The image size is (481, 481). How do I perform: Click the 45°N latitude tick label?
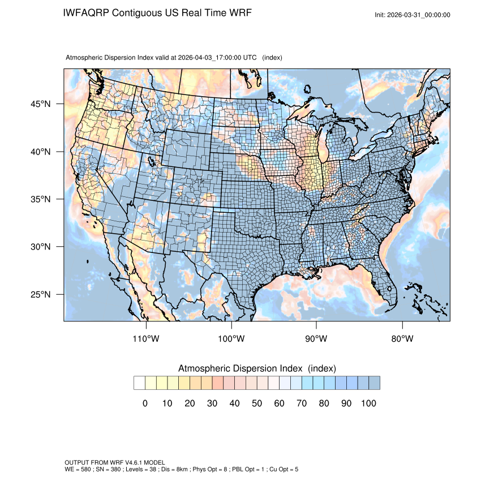coord(40,104)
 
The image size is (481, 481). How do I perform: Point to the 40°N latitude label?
coord(40,152)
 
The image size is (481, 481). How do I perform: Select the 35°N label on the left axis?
coord(40,199)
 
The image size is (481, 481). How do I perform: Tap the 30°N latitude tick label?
coord(40,247)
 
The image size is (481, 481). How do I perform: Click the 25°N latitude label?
coord(40,294)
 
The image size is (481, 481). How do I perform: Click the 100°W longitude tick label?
coord(231,339)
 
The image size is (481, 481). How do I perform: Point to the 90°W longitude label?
coord(316,339)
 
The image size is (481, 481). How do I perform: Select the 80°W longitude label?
coord(402,339)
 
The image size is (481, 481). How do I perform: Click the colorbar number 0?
coord(145,403)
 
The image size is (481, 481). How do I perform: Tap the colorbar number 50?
coord(256,403)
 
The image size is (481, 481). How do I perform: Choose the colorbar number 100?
coord(368,403)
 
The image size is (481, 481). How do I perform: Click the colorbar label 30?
coord(212,403)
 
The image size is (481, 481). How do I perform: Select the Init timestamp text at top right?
coord(413,15)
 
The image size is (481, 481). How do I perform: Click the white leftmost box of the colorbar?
coord(139,383)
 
